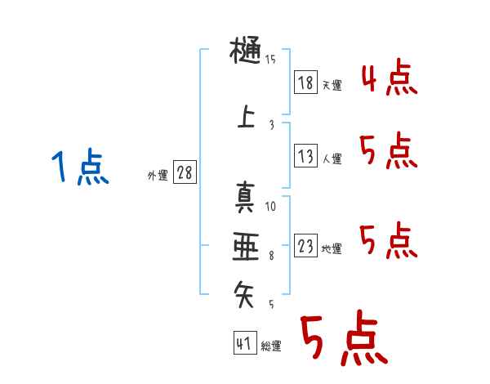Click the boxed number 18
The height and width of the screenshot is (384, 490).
pos(306,83)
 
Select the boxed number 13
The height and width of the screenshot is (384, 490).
pos(306,156)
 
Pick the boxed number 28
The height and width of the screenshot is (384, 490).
pos(185,173)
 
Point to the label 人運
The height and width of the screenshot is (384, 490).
pos(332,159)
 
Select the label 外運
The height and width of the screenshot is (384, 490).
pos(158,175)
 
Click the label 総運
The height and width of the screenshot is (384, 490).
pos(271,346)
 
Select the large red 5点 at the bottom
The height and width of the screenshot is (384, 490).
pos(343,340)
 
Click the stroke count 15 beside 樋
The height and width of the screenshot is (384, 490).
pos(270,60)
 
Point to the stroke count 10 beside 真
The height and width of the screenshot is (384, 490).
pos(270,206)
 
